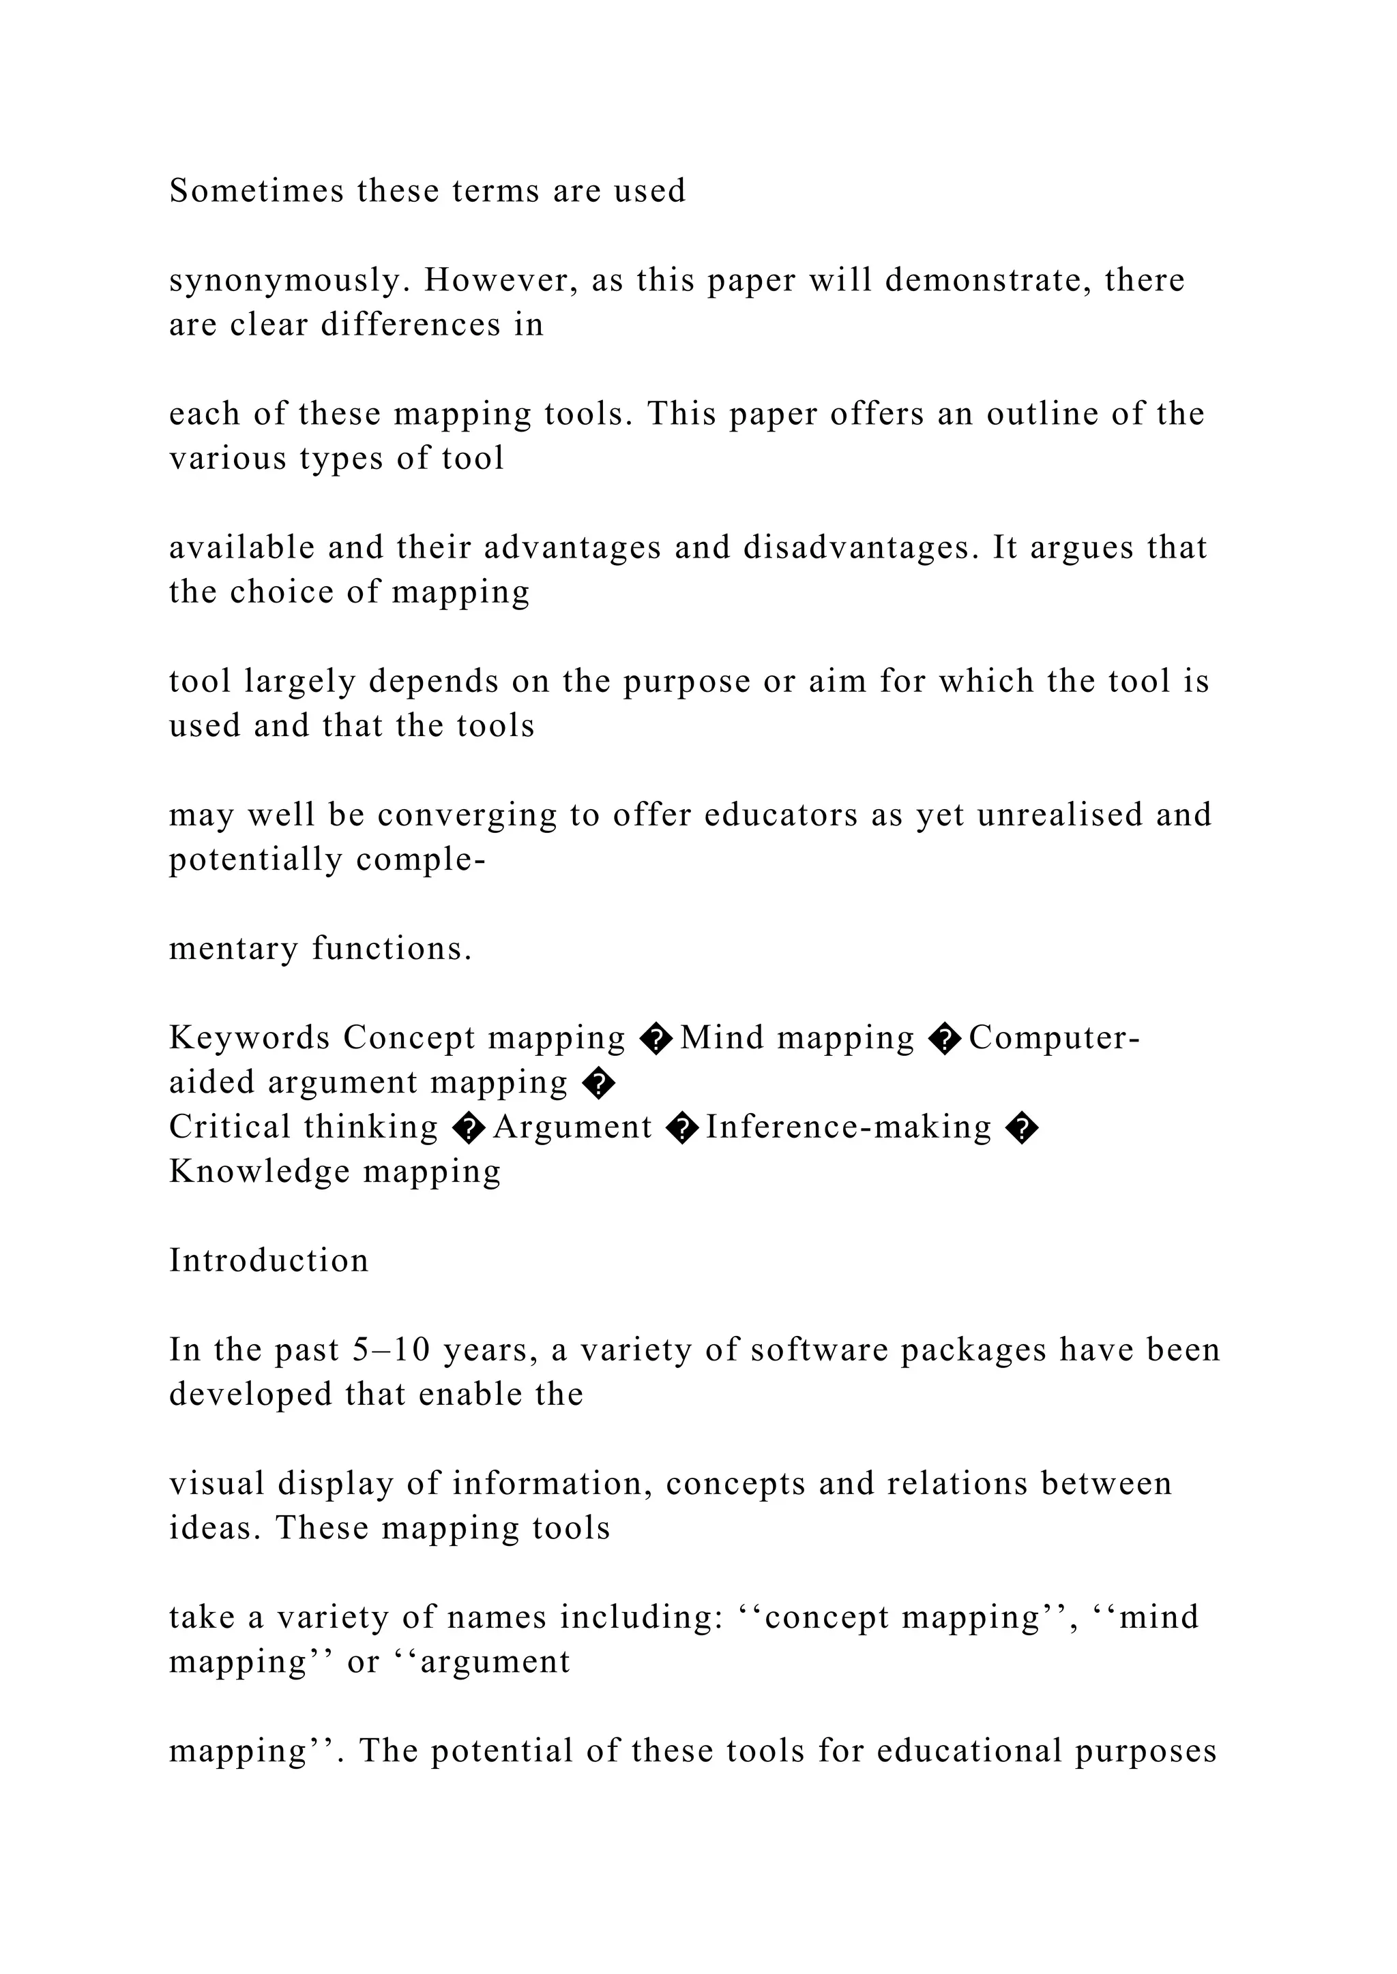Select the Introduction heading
click(268, 1261)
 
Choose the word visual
click(216, 1484)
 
